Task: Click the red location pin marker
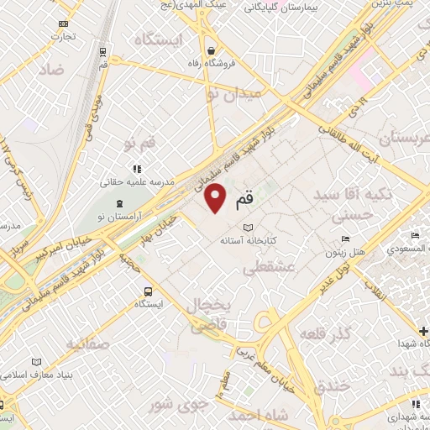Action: coord(216,199)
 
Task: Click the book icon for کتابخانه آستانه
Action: coord(247,228)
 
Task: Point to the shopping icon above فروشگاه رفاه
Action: coord(211,49)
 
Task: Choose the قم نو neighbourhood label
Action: coord(139,144)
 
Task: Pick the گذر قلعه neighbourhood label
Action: coord(328,334)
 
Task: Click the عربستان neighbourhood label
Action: coord(386,138)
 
